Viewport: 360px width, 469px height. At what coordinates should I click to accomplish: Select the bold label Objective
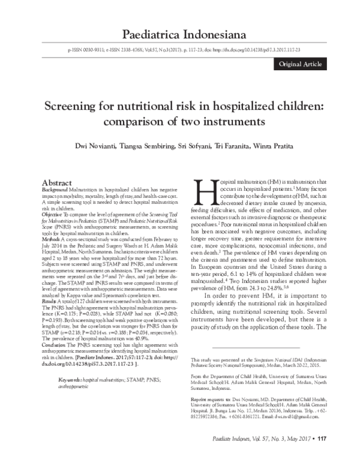[x=53, y=213]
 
